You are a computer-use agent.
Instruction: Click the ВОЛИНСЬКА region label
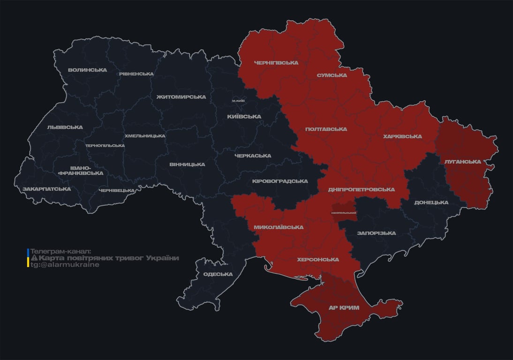(x=87, y=70)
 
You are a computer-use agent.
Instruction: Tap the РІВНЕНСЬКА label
(x=136, y=74)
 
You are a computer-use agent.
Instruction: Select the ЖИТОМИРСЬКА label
(x=181, y=97)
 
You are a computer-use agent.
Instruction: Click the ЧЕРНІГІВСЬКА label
(x=276, y=63)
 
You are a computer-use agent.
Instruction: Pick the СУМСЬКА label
(x=332, y=75)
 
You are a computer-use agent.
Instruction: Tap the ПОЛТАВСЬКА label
(x=326, y=129)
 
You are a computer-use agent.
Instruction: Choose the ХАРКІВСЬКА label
(x=402, y=136)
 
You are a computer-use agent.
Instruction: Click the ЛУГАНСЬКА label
(x=463, y=162)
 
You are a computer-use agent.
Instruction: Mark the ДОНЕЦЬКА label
(x=431, y=202)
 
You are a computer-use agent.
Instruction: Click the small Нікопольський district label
(x=344, y=213)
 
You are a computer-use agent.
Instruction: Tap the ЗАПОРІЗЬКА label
(x=376, y=233)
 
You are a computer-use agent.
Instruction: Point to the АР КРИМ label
(x=343, y=308)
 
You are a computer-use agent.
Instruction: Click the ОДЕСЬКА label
(x=218, y=274)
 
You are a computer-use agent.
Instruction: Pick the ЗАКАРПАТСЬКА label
(x=47, y=189)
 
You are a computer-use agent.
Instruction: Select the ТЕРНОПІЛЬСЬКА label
(x=105, y=145)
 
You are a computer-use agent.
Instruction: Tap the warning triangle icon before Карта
(x=34, y=258)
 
